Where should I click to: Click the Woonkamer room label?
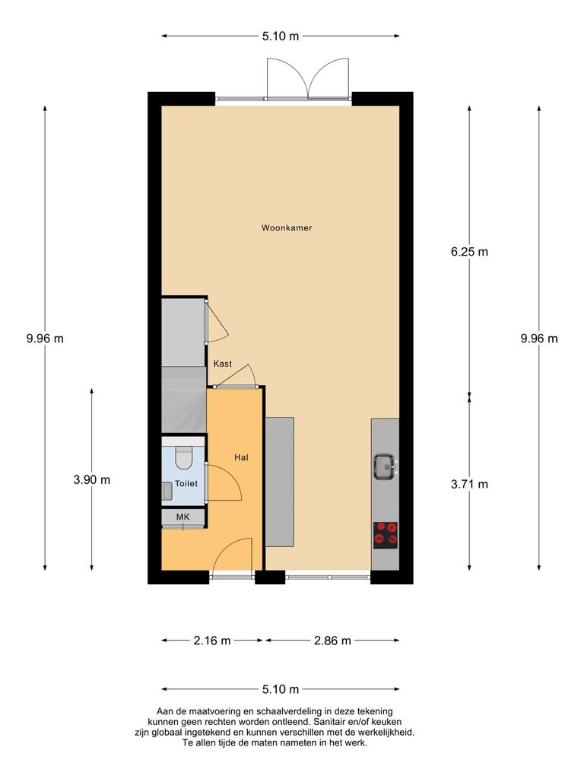pyautogui.click(x=287, y=227)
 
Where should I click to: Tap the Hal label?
pyautogui.click(x=242, y=458)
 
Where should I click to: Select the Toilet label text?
pyautogui.click(x=186, y=483)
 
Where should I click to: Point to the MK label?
pyautogui.click(x=182, y=517)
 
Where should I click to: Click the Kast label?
pyautogui.click(x=223, y=364)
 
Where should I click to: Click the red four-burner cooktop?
pyautogui.click(x=386, y=535)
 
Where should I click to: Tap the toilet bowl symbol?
pyautogui.click(x=184, y=458)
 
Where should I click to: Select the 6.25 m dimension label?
pyautogui.click(x=469, y=252)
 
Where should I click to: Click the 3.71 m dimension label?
pyautogui.click(x=469, y=484)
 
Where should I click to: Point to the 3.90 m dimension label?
pyautogui.click(x=92, y=479)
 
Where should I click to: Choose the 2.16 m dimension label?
pyautogui.click(x=212, y=641)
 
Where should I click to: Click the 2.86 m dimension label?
pyautogui.click(x=332, y=641)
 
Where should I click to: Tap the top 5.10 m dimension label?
pyautogui.click(x=281, y=36)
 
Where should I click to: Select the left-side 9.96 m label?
pyautogui.click(x=45, y=339)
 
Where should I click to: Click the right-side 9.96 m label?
pyautogui.click(x=539, y=339)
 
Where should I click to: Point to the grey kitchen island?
pyautogui.click(x=280, y=482)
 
